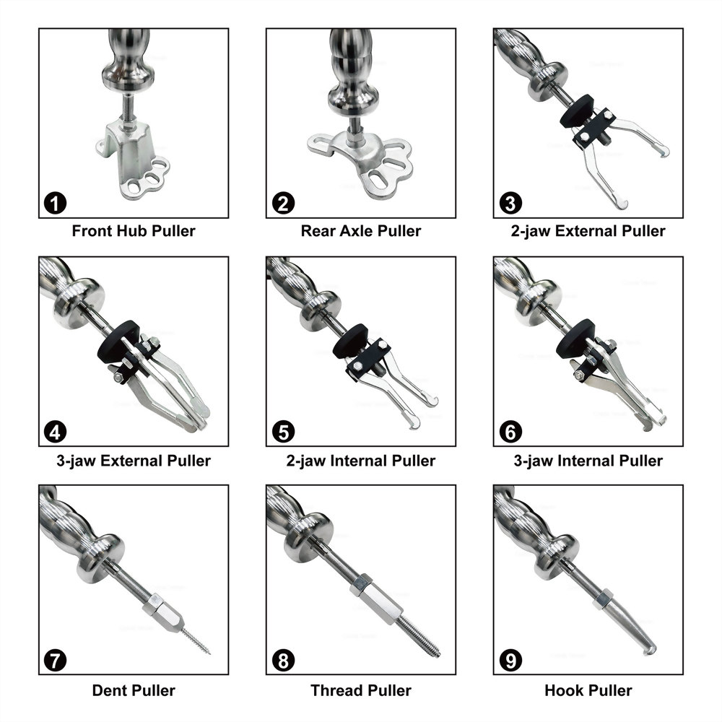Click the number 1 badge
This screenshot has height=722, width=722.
56,203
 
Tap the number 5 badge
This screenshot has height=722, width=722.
283,432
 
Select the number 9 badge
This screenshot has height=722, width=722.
510,661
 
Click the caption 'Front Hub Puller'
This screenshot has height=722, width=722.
134,231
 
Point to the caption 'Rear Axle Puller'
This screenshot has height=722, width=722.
361,231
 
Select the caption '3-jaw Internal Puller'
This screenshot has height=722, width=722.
588,461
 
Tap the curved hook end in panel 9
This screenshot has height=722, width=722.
648,648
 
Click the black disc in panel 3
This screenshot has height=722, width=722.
576,111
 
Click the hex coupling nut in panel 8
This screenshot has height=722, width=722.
374,598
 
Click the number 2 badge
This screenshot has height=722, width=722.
283,203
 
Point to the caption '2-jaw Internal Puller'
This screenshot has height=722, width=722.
361,461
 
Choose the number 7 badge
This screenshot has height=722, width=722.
56,661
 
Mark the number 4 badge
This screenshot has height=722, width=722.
56,432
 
